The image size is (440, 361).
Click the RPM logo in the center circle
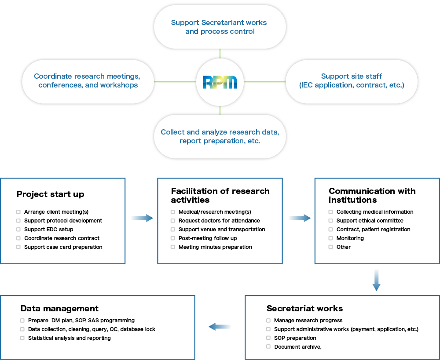220,82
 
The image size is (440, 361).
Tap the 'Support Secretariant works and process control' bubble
220,27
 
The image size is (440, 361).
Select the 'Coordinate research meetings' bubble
88,82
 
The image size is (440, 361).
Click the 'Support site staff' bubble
351,82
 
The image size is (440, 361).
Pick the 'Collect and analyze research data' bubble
220,137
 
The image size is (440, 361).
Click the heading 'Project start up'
51,194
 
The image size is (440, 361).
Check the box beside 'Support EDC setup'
18,230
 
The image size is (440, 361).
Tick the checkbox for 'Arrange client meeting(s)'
18,212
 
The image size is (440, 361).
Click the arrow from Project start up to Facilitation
142,218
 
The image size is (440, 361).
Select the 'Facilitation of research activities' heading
220,195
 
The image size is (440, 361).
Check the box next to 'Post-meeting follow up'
173,238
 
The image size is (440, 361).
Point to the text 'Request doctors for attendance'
219,221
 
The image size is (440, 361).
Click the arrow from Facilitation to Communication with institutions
300,218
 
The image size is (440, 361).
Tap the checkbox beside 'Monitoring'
330,238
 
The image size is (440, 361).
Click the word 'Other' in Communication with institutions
344,247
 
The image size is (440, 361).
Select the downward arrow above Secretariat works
376,280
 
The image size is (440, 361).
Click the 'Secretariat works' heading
305,309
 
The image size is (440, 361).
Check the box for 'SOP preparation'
268,338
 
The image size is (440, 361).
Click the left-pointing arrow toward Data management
220,327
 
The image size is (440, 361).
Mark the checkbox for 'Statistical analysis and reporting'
22,338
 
